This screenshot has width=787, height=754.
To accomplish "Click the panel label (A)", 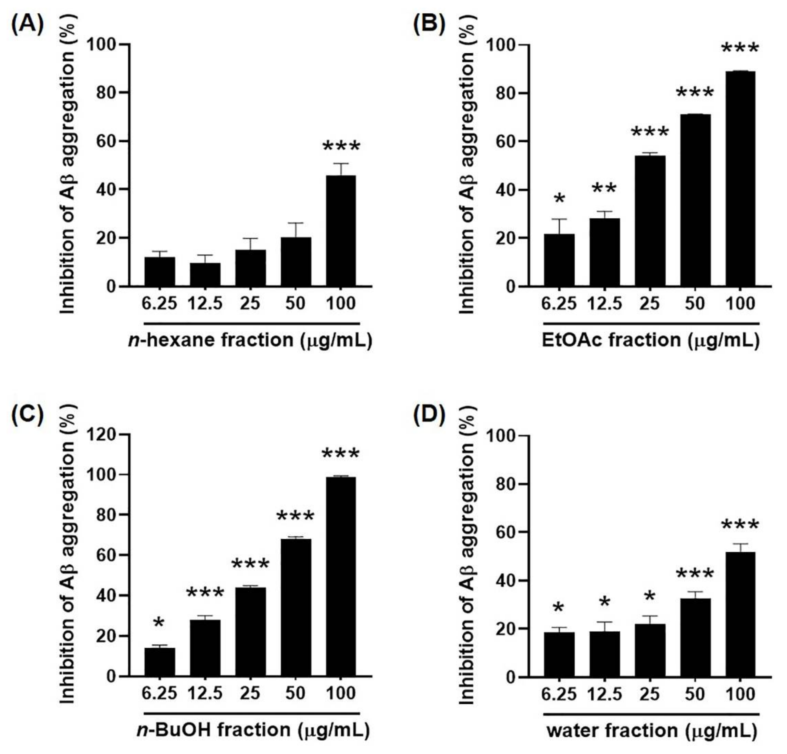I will tap(27, 25).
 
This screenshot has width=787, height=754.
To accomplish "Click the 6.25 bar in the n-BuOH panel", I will tap(159, 662).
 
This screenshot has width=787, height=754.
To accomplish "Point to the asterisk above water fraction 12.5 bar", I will tap(604, 602).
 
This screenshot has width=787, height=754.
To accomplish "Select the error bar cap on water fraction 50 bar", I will tap(695, 592).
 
